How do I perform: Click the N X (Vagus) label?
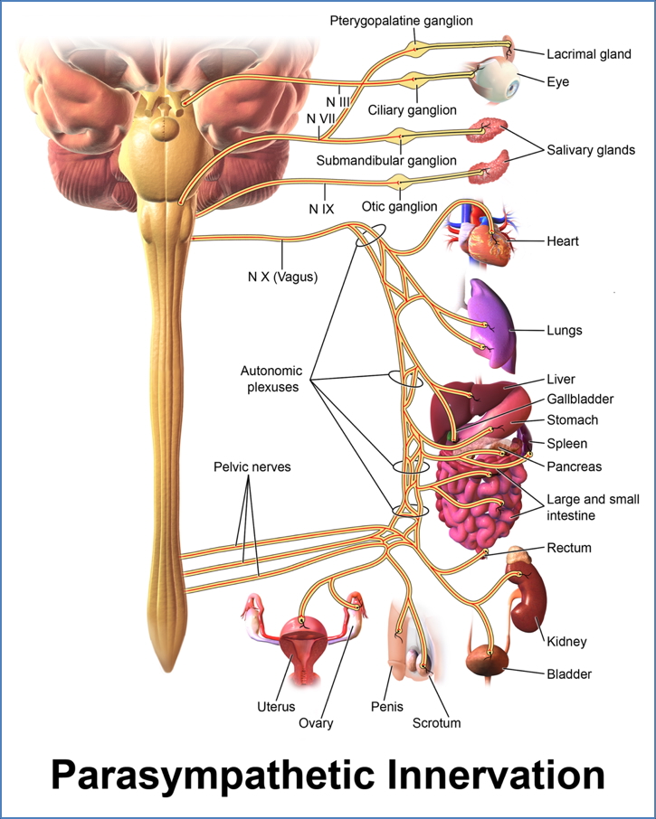[x=282, y=277]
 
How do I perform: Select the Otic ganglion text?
[x=399, y=206]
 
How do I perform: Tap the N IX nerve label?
[x=321, y=209]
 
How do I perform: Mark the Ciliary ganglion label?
[x=412, y=110]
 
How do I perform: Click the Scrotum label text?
[x=436, y=722]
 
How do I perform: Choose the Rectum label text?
[x=569, y=548]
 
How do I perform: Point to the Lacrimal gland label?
[x=589, y=54]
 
